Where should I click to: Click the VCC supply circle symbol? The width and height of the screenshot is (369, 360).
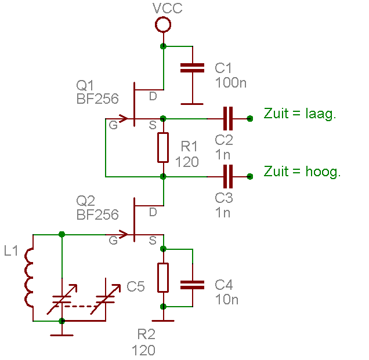163,24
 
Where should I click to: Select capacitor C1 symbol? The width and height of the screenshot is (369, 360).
192,68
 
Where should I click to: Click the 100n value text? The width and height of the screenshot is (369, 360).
230,82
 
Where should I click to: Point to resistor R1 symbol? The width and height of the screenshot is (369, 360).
163,147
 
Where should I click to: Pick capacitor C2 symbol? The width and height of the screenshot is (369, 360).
227,118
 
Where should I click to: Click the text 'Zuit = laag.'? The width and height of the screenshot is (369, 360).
300,114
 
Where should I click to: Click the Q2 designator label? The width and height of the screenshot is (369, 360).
86,201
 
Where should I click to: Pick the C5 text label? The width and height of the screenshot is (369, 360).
135,286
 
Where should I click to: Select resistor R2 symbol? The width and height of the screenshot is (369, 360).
163,277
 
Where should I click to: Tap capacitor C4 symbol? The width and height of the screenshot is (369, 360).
192,284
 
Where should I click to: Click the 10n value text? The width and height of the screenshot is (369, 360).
226,299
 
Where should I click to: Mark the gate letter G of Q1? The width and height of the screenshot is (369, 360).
113,125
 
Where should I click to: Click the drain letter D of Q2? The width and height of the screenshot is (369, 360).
153,212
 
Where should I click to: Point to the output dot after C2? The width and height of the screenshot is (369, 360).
250,118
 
